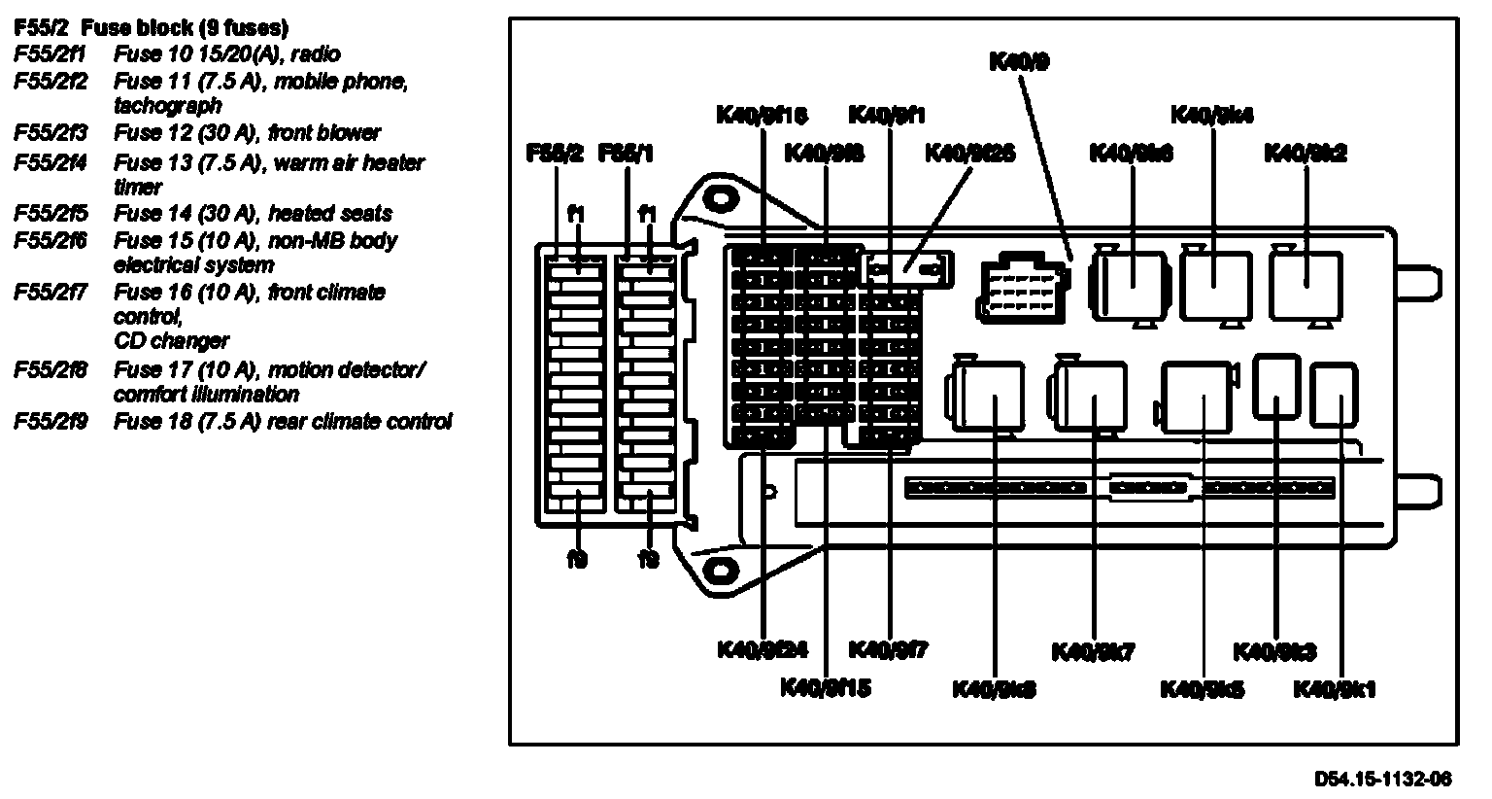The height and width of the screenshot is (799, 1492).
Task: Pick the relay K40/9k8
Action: (x=989, y=396)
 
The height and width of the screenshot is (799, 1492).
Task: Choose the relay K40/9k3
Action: (x=1276, y=386)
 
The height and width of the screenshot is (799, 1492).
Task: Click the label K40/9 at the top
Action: (x=1019, y=61)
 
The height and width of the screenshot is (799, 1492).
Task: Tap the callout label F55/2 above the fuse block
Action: (x=555, y=153)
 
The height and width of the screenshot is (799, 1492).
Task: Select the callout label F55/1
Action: (x=627, y=153)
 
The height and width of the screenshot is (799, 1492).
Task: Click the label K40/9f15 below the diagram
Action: (x=826, y=687)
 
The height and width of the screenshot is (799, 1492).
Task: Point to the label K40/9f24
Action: (x=763, y=649)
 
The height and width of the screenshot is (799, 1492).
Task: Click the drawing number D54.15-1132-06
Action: (x=1383, y=779)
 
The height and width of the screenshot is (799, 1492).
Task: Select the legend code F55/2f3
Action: (x=51, y=133)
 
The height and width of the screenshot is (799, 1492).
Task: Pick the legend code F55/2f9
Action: (x=51, y=422)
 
